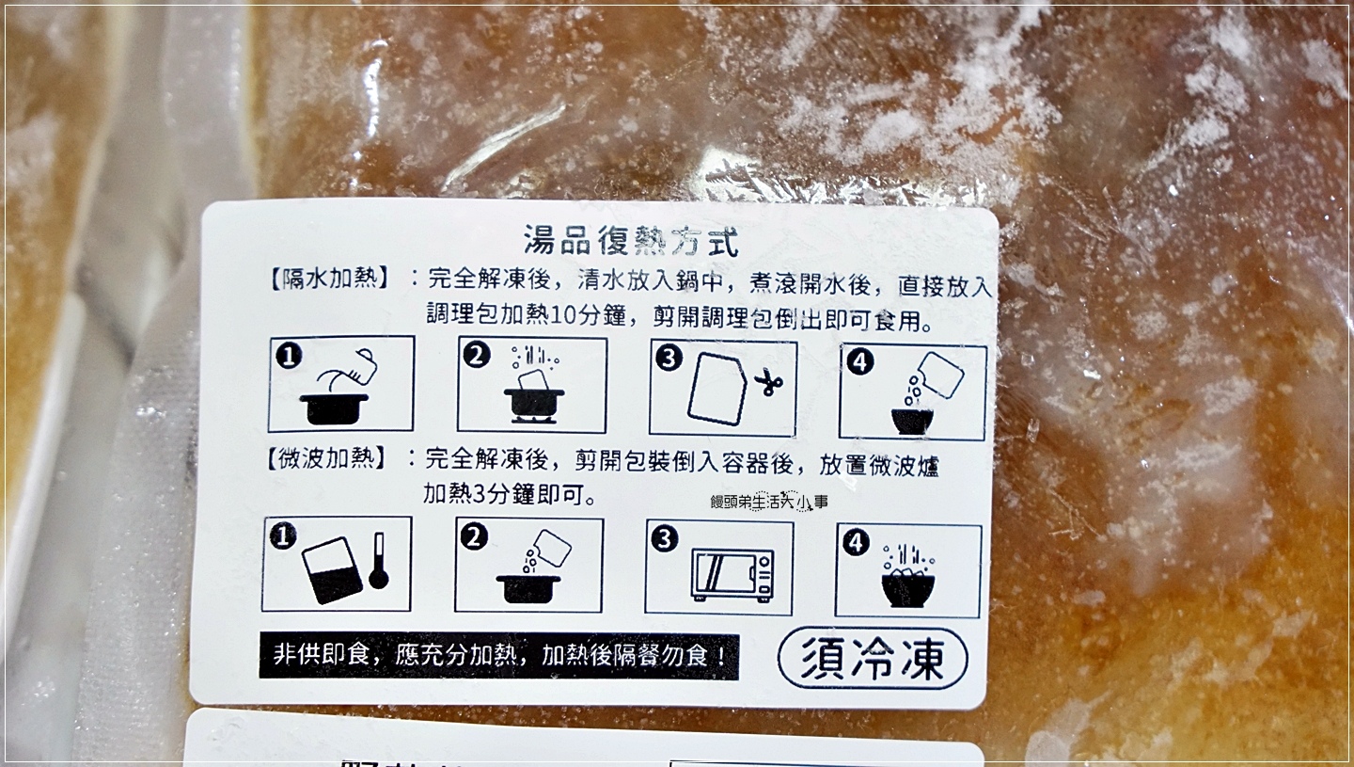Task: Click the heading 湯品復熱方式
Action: click(x=631, y=242)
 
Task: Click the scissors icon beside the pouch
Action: click(x=769, y=382)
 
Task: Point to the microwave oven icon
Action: click(x=732, y=574)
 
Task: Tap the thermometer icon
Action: click(x=379, y=560)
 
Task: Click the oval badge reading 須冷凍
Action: click(x=873, y=659)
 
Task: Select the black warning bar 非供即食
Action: click(x=499, y=656)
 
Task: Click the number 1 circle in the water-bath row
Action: click(x=289, y=356)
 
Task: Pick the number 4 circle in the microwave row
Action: click(x=856, y=543)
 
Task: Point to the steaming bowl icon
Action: click(x=908, y=575)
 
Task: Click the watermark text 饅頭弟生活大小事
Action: click(x=769, y=502)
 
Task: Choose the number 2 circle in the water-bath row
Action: click(x=477, y=356)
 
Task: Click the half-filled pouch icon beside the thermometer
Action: click(x=331, y=569)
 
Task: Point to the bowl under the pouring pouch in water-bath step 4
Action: click(x=912, y=421)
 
